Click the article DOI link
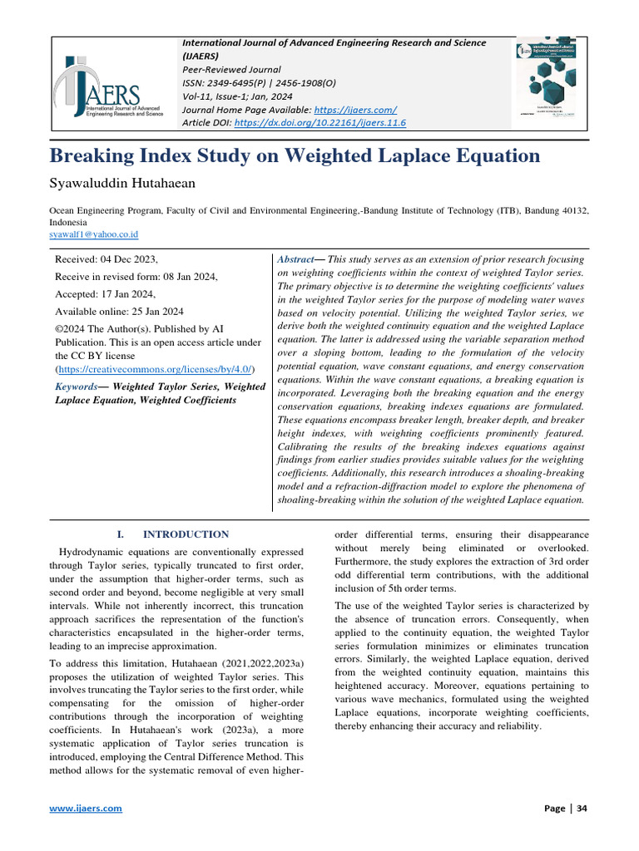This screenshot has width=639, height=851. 320,123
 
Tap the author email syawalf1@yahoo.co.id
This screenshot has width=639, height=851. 94,235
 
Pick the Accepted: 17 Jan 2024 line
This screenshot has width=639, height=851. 105,294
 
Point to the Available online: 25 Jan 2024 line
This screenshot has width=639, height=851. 119,312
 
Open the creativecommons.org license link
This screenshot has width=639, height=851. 155,368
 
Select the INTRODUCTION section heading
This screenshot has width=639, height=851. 185,534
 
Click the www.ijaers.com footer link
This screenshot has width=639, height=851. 86,808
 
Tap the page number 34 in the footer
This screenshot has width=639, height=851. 582,808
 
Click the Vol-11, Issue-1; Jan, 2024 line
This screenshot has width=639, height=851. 242,96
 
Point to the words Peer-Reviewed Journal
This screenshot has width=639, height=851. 231,70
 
